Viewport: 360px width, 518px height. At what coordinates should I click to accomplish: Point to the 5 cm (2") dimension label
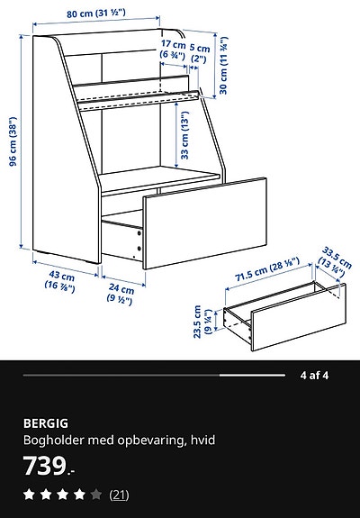[x=200, y=53]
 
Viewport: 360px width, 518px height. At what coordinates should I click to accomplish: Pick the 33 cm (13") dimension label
[x=186, y=135]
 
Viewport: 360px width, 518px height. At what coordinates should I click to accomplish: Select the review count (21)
[x=119, y=495]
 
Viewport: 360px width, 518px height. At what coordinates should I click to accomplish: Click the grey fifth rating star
[x=95, y=495]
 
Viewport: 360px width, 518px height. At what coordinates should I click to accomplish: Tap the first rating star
[x=29, y=495]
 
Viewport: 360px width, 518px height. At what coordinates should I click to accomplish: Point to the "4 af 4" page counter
[x=313, y=374]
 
